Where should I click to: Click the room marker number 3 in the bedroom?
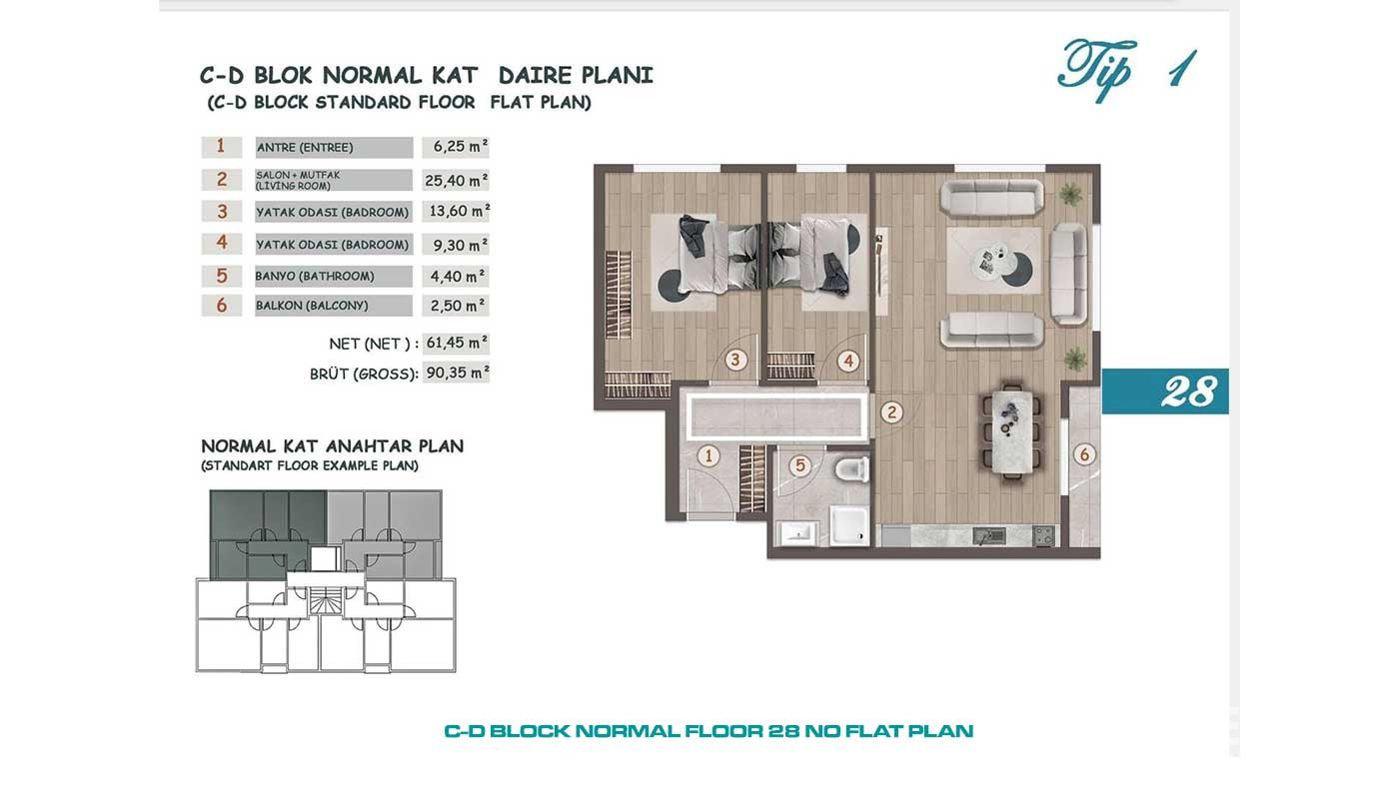click(735, 360)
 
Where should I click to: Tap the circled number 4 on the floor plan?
click(848, 361)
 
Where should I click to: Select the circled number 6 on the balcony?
click(1084, 454)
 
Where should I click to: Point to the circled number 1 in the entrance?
click(708, 455)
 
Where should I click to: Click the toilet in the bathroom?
click(851, 468)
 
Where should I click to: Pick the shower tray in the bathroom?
click(848, 524)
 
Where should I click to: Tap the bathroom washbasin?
click(798, 533)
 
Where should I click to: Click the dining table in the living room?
click(1011, 429)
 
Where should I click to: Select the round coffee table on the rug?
click(993, 263)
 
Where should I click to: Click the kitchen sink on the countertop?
click(989, 535)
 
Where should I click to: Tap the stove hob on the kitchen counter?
click(1042, 535)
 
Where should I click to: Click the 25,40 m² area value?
click(456, 181)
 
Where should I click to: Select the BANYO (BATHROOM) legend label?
click(315, 276)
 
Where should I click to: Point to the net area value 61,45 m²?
click(456, 343)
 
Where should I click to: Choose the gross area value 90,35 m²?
click(457, 373)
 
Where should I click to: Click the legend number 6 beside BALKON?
click(221, 306)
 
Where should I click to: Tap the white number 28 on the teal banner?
click(1188, 392)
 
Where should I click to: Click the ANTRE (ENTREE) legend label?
click(305, 147)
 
